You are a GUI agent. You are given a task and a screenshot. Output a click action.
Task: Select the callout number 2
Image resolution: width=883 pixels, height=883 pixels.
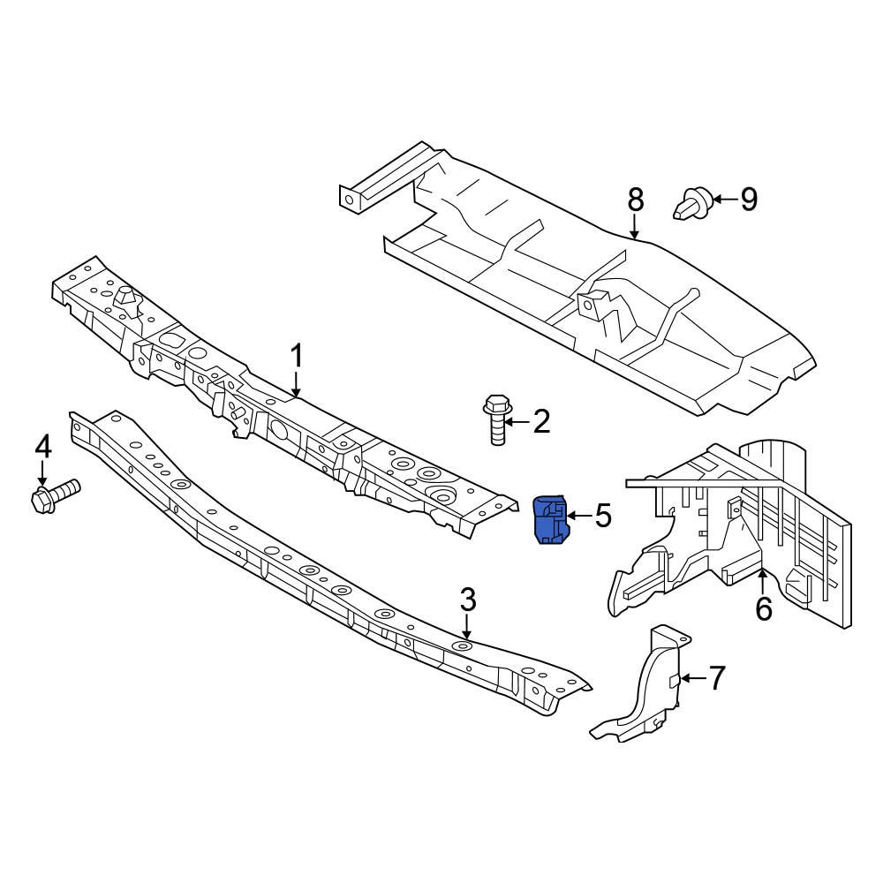(x=540, y=422)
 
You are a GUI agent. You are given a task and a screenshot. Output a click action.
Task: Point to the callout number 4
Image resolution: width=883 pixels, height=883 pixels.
(x=42, y=449)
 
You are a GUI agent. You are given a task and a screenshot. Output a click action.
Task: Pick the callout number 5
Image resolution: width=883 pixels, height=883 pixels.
(x=602, y=516)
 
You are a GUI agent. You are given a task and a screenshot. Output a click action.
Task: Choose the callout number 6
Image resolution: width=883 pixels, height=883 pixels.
(x=763, y=608)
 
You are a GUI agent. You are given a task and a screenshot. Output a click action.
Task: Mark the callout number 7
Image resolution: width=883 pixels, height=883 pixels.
(x=715, y=678)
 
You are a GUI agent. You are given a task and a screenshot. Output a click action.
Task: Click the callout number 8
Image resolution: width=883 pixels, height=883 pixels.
(x=636, y=200)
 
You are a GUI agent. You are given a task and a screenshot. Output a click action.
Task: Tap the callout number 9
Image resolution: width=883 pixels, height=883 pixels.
(x=748, y=200)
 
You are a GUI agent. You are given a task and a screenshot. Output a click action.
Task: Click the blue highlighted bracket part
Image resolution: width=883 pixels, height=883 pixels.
(x=550, y=521)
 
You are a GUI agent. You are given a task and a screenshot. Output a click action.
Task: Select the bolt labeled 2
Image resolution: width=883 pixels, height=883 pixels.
(x=496, y=420)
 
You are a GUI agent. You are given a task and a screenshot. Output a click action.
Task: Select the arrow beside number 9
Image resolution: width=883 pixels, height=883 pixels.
(x=724, y=200)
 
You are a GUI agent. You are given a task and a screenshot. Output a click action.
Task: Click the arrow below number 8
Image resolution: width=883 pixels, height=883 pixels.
(x=636, y=228)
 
